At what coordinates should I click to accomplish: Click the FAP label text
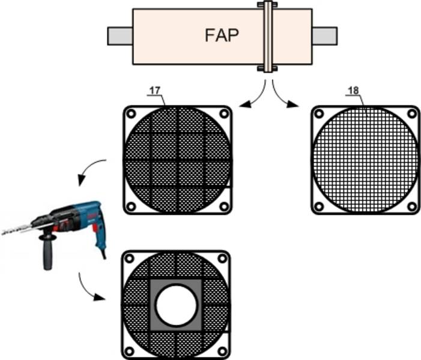(222, 35)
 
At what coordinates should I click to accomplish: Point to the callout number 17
(154, 91)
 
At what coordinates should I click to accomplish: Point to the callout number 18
(353, 91)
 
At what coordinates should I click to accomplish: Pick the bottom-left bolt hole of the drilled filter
(130, 351)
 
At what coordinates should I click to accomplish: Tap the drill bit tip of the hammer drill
(4, 231)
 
